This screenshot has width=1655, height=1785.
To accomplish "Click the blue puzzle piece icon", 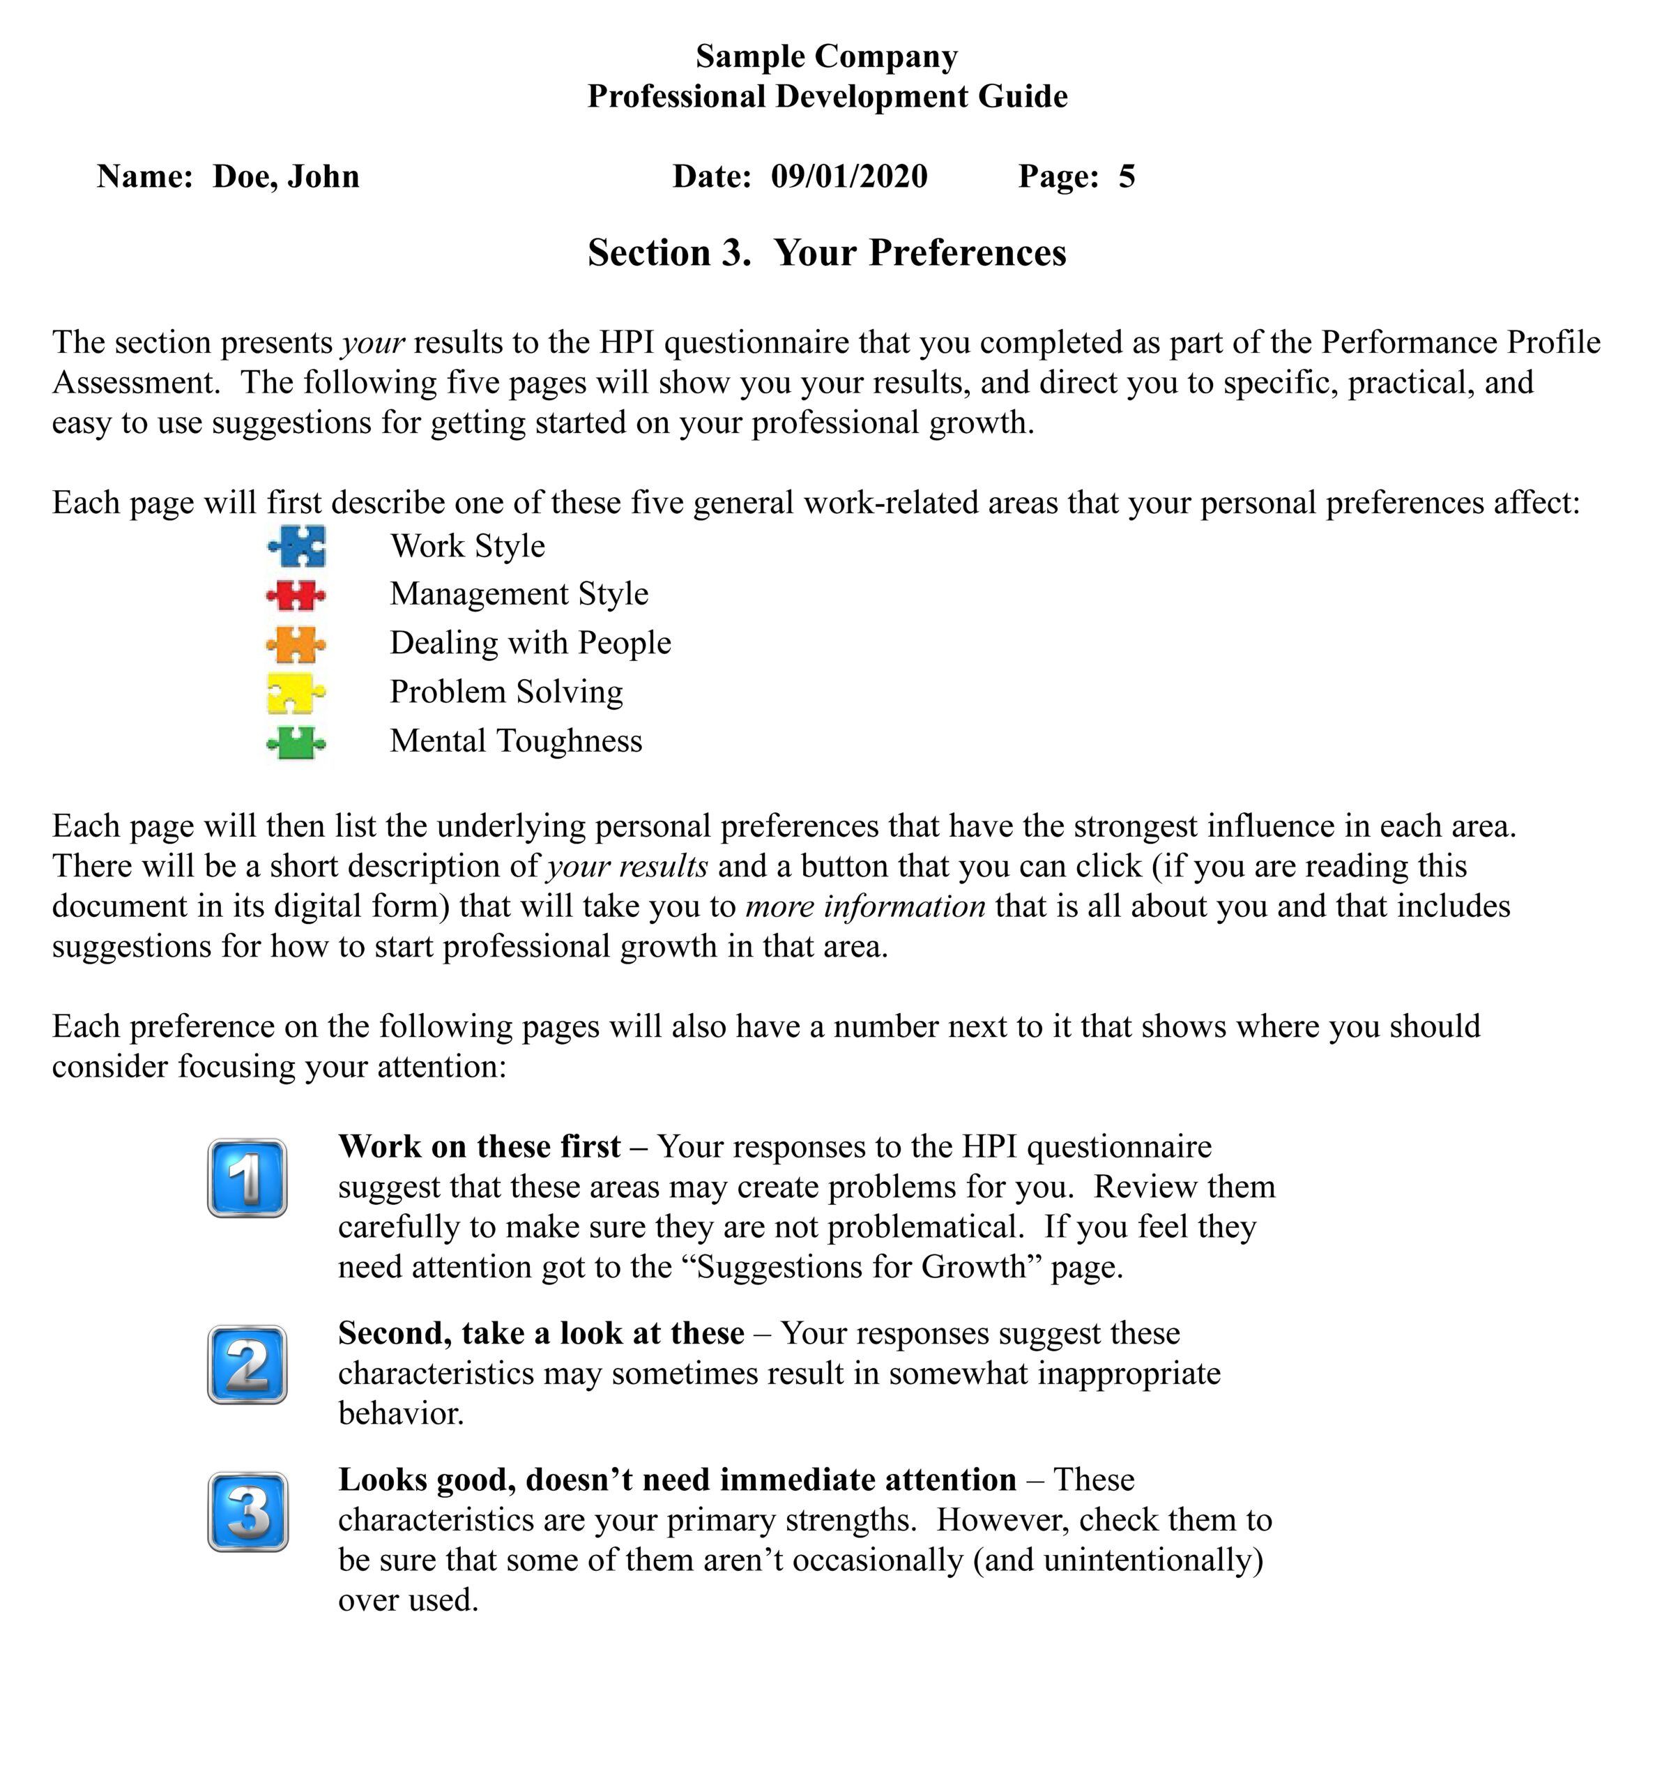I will click(297, 545).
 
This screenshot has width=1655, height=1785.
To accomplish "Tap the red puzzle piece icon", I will click(296, 595).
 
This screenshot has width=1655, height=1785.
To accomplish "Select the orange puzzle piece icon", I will click(296, 643).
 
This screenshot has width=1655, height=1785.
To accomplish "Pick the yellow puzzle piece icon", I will click(296, 692).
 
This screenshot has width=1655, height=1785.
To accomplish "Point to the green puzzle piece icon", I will click(296, 742).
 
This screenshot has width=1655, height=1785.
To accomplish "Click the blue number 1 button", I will click(247, 1178).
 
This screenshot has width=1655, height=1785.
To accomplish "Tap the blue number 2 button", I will click(247, 1364).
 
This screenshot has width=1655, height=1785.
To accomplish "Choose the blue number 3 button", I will click(248, 1512).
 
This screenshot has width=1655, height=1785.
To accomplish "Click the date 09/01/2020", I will click(849, 176).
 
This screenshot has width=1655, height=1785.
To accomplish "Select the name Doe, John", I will click(286, 176).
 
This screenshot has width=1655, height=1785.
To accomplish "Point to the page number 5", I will click(1127, 176).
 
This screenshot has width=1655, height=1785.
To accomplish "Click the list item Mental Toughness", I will click(516, 740).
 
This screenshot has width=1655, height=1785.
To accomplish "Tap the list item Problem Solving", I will click(506, 692).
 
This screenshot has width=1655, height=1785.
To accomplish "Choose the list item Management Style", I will click(519, 594).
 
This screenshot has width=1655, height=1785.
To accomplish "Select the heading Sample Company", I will click(827, 56).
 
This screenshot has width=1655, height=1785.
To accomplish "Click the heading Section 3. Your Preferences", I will click(827, 252).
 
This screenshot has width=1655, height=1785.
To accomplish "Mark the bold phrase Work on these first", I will click(479, 1146).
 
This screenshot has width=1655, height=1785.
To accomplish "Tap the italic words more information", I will click(865, 906).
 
